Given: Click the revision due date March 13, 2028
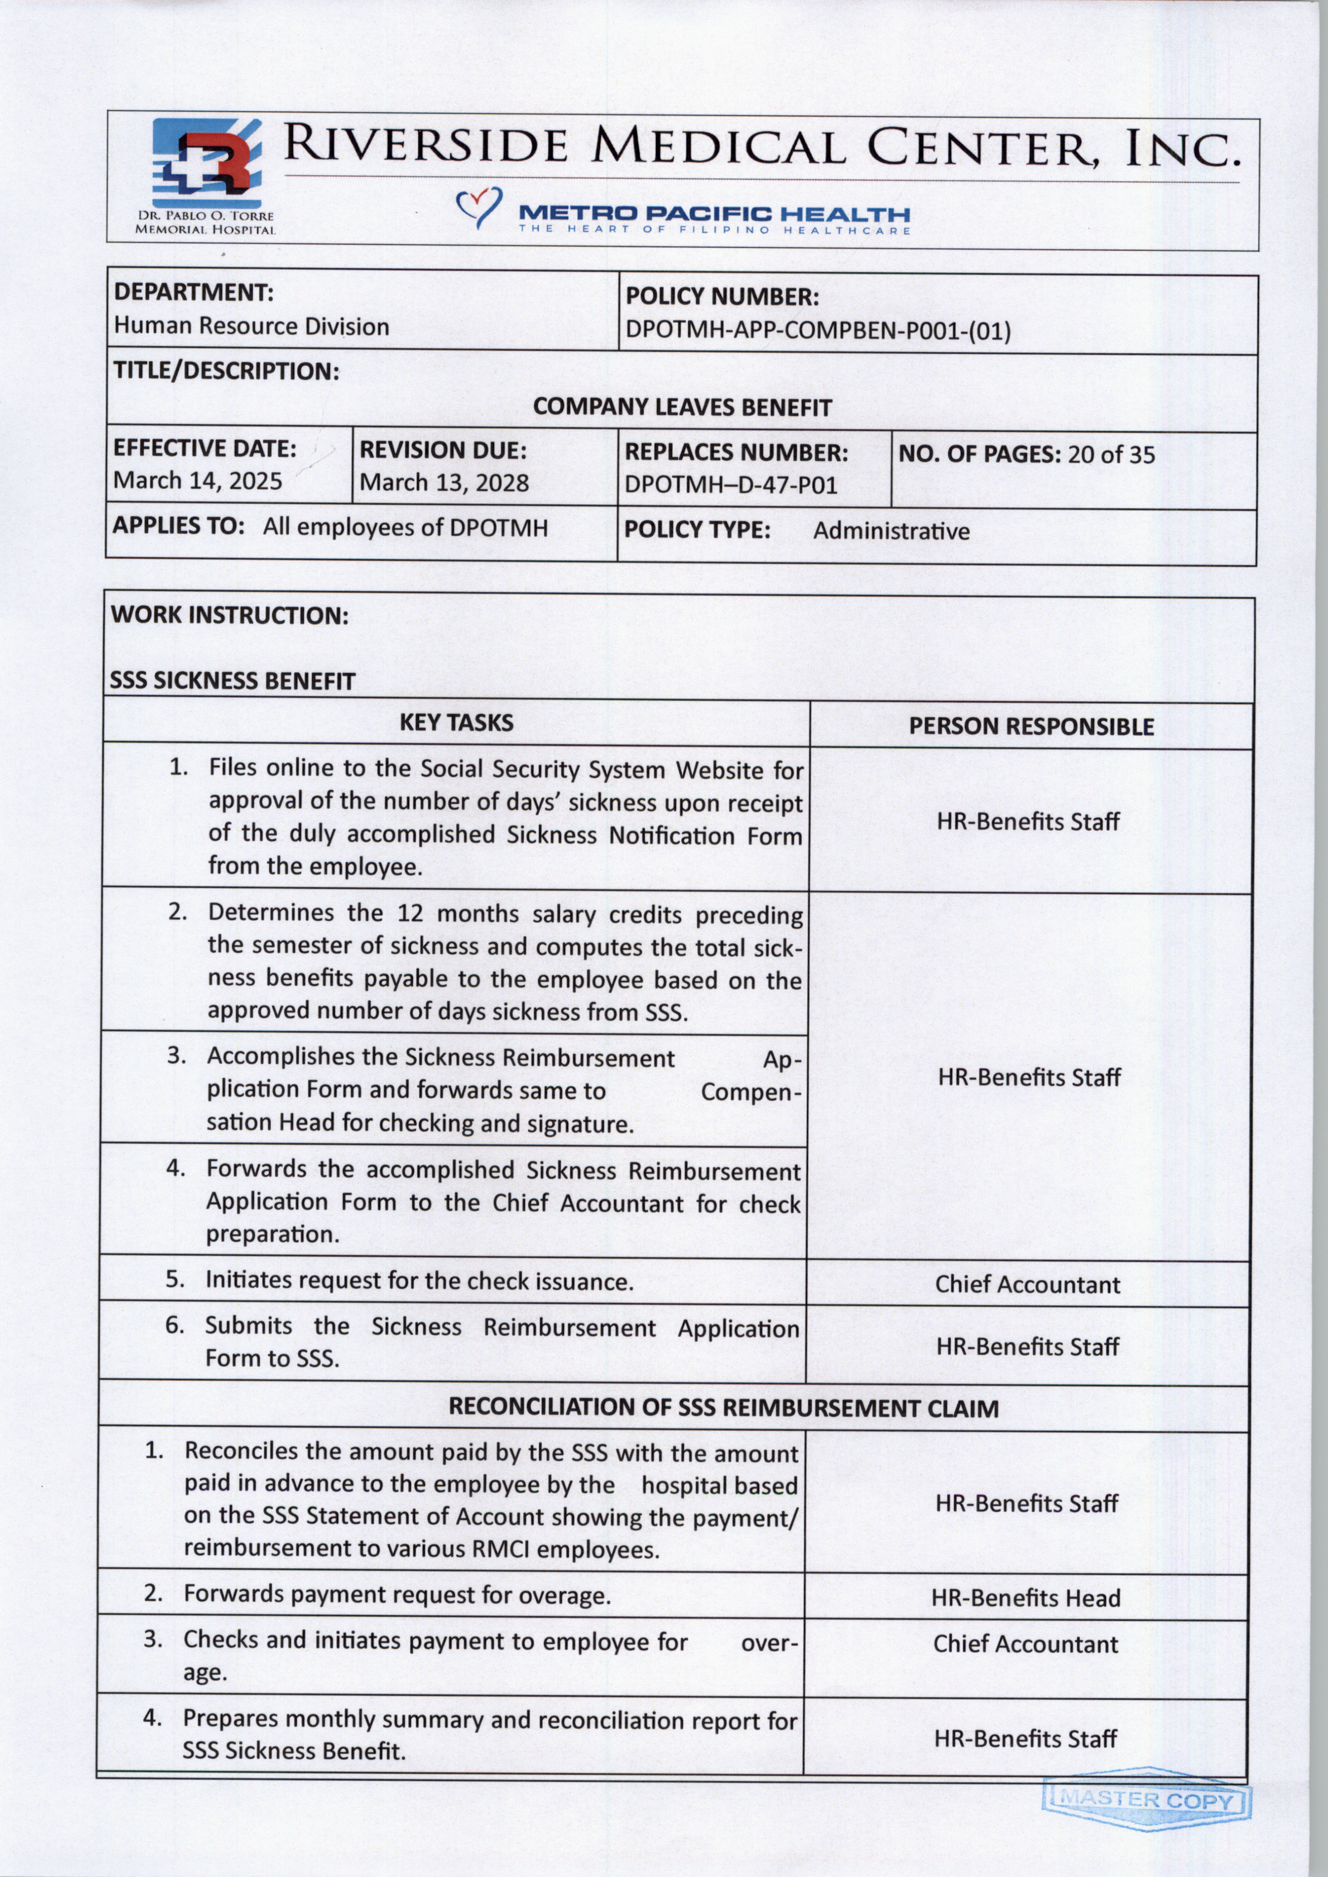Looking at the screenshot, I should pyautogui.click(x=444, y=482).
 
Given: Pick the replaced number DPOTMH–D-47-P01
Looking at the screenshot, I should pyautogui.click(x=731, y=485).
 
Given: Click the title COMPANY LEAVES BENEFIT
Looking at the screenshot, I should pyautogui.click(x=682, y=407).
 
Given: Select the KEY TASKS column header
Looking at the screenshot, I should pyautogui.click(x=456, y=723).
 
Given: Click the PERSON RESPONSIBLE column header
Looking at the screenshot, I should pyautogui.click(x=1031, y=727).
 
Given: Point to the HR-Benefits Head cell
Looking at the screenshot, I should pyautogui.click(x=1025, y=1598).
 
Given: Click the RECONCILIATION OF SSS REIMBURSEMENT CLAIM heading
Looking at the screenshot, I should pyautogui.click(x=723, y=1408).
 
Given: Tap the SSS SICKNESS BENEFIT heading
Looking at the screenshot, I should pyautogui.click(x=233, y=681).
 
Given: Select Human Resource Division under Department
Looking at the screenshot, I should pyautogui.click(x=251, y=326).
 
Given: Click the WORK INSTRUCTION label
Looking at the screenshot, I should pyautogui.click(x=230, y=615).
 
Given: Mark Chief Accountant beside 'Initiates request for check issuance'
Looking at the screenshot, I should pyautogui.click(x=1027, y=1285).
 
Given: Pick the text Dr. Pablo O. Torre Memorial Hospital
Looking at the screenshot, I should pyautogui.click(x=205, y=222).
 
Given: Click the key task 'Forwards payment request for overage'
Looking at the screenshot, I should pyautogui.click(x=397, y=1594).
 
